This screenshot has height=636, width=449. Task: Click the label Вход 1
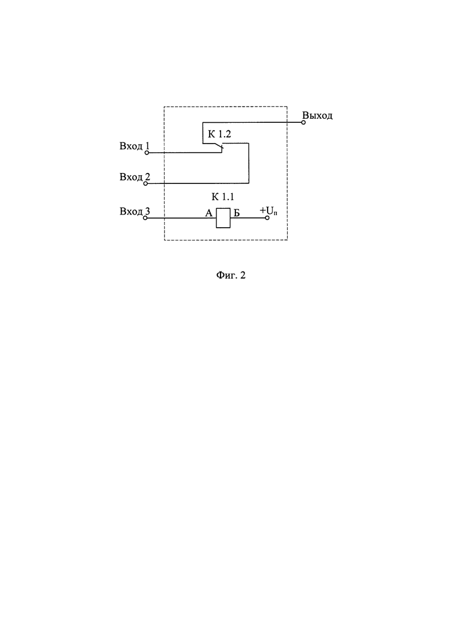[x=135, y=146]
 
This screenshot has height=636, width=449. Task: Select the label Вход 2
[x=135, y=177]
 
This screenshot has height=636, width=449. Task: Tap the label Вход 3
[x=135, y=212]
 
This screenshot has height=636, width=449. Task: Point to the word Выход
[x=317, y=115]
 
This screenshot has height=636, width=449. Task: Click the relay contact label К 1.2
[x=219, y=135]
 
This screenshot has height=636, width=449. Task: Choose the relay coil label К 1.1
[x=223, y=197]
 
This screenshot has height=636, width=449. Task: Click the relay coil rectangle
[x=223, y=218]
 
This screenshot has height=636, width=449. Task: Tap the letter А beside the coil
[x=209, y=213]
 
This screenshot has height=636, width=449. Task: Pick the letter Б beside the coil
[x=237, y=213]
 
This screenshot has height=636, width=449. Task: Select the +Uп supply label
[x=268, y=211]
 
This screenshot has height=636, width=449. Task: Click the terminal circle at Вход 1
[x=147, y=153]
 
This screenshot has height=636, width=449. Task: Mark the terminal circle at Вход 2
[x=146, y=184]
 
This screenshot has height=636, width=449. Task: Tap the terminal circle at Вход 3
[x=146, y=218]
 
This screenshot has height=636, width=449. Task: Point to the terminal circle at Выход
[x=303, y=122]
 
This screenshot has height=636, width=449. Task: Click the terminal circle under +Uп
[x=267, y=218]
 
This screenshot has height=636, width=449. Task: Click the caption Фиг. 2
[x=231, y=276]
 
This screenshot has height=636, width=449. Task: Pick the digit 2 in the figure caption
[x=243, y=276]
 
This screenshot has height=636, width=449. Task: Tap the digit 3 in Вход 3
[x=147, y=211]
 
